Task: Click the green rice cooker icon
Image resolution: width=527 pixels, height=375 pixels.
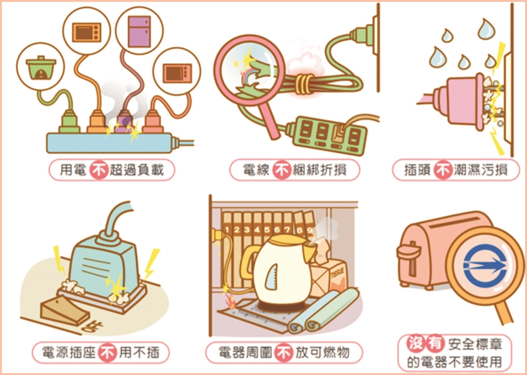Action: tap(41, 68)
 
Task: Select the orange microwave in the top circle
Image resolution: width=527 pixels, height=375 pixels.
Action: tap(87, 32)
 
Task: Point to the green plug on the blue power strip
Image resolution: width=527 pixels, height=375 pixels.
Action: tap(69, 122)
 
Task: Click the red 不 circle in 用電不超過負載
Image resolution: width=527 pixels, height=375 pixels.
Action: tap(99, 169)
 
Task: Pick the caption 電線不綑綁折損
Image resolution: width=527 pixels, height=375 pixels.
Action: tap(294, 170)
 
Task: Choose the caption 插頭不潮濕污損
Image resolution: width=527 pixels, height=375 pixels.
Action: tap(456, 170)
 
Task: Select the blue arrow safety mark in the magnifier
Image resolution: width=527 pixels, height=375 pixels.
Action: tap(485, 265)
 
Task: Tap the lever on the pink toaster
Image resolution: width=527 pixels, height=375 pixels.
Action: tap(409, 251)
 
